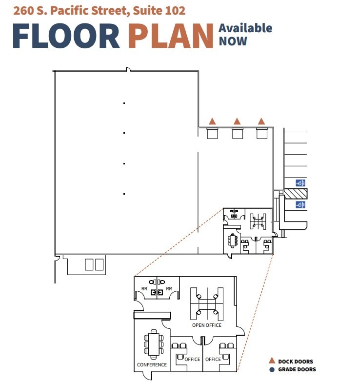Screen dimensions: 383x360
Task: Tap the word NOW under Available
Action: tap(233, 41)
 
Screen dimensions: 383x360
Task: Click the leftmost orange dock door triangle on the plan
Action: tap(212, 121)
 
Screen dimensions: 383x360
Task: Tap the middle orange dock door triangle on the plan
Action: tap(237, 121)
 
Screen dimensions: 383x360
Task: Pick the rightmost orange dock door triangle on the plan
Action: tap(261, 121)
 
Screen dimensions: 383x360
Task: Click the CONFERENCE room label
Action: tap(152, 364)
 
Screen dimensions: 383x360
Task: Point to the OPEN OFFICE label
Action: tap(207, 325)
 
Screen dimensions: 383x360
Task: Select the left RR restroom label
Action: tap(144, 289)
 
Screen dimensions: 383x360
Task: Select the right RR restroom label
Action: tap(169, 289)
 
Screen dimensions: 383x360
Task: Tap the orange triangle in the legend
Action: tap(271, 361)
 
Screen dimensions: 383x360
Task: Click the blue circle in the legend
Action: tap(271, 369)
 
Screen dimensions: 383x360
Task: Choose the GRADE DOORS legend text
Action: tap(297, 369)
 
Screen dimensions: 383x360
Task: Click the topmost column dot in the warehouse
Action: tap(124, 103)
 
